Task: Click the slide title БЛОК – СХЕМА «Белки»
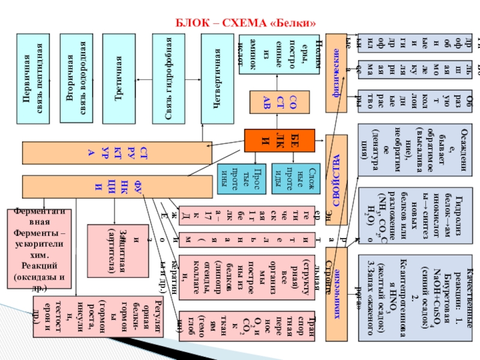tap(245, 24)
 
